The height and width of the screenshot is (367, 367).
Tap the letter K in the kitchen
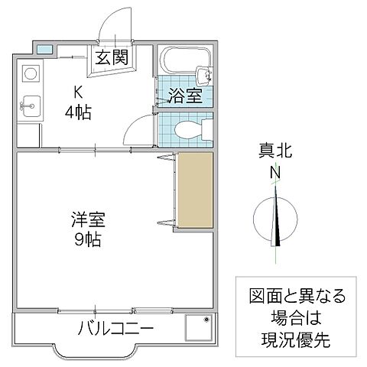(77, 93)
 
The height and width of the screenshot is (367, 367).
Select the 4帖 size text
(77, 112)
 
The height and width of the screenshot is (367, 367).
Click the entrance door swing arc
(115, 19)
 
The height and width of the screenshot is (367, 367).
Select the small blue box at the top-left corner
(45, 50)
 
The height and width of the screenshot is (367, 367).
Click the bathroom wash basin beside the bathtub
(203, 75)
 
